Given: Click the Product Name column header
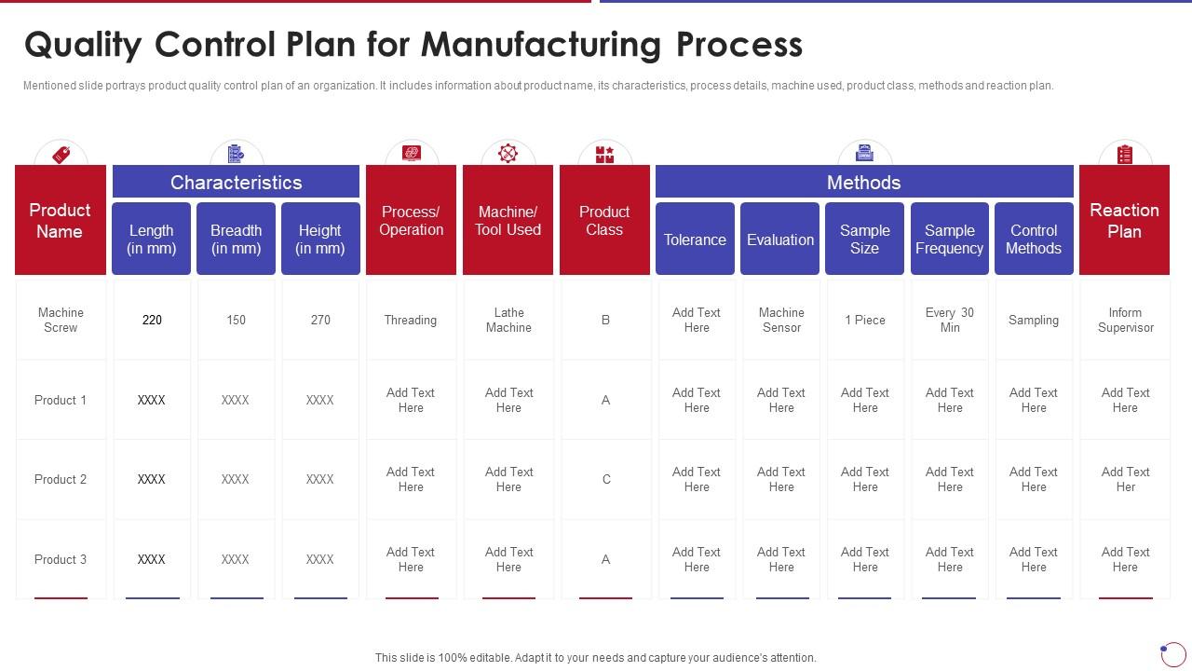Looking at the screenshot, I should click(x=61, y=221).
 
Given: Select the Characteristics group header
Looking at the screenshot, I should click(x=236, y=182).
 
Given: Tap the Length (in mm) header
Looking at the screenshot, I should click(x=151, y=240).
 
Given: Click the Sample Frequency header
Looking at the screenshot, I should click(x=949, y=240).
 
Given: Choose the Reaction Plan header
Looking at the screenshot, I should click(x=1124, y=221).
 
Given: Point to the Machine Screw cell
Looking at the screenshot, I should click(x=61, y=320).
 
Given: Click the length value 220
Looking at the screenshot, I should click(x=152, y=320).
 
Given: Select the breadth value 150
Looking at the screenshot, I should click(x=236, y=320).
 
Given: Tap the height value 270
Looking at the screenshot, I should click(x=320, y=320).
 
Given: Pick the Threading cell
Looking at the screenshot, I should click(x=411, y=320).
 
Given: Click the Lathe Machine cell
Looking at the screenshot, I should click(x=508, y=320).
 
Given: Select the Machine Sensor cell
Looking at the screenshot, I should click(x=781, y=320).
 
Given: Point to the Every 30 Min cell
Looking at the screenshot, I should click(x=950, y=320).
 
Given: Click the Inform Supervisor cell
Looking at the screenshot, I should click(x=1125, y=320).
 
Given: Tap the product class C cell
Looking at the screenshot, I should click(x=606, y=479).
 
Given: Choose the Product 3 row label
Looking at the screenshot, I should click(x=61, y=559).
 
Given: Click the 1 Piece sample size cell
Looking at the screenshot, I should click(x=865, y=320).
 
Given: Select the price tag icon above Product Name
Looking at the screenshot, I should click(x=61, y=154).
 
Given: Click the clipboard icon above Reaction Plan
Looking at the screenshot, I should click(x=1125, y=154).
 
